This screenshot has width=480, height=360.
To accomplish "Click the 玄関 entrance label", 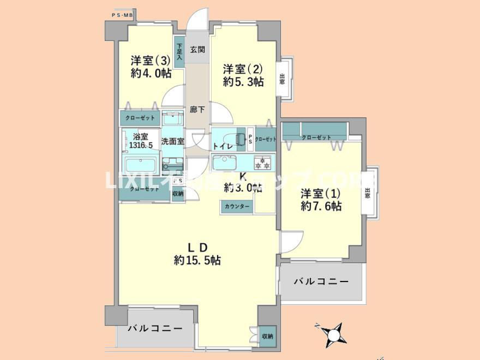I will click(197, 50).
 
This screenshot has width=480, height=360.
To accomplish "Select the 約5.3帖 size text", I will click(243, 82).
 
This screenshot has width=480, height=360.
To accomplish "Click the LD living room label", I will click(197, 247).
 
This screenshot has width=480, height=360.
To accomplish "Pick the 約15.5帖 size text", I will click(197, 260).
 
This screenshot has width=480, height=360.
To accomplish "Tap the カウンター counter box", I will click(237, 206).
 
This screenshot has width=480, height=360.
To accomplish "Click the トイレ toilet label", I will click(223, 146).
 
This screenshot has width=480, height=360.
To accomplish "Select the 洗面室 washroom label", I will click(172, 141).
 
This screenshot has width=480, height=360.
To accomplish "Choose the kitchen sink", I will click(224, 162).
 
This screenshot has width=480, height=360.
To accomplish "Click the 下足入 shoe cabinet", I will click(179, 51).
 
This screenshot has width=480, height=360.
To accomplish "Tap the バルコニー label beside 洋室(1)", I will click(321, 281).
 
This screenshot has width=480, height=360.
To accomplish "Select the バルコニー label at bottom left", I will click(155, 329).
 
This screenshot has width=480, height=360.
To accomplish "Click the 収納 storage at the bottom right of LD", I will click(267, 336).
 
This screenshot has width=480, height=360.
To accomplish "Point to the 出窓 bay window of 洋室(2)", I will click(282, 79).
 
